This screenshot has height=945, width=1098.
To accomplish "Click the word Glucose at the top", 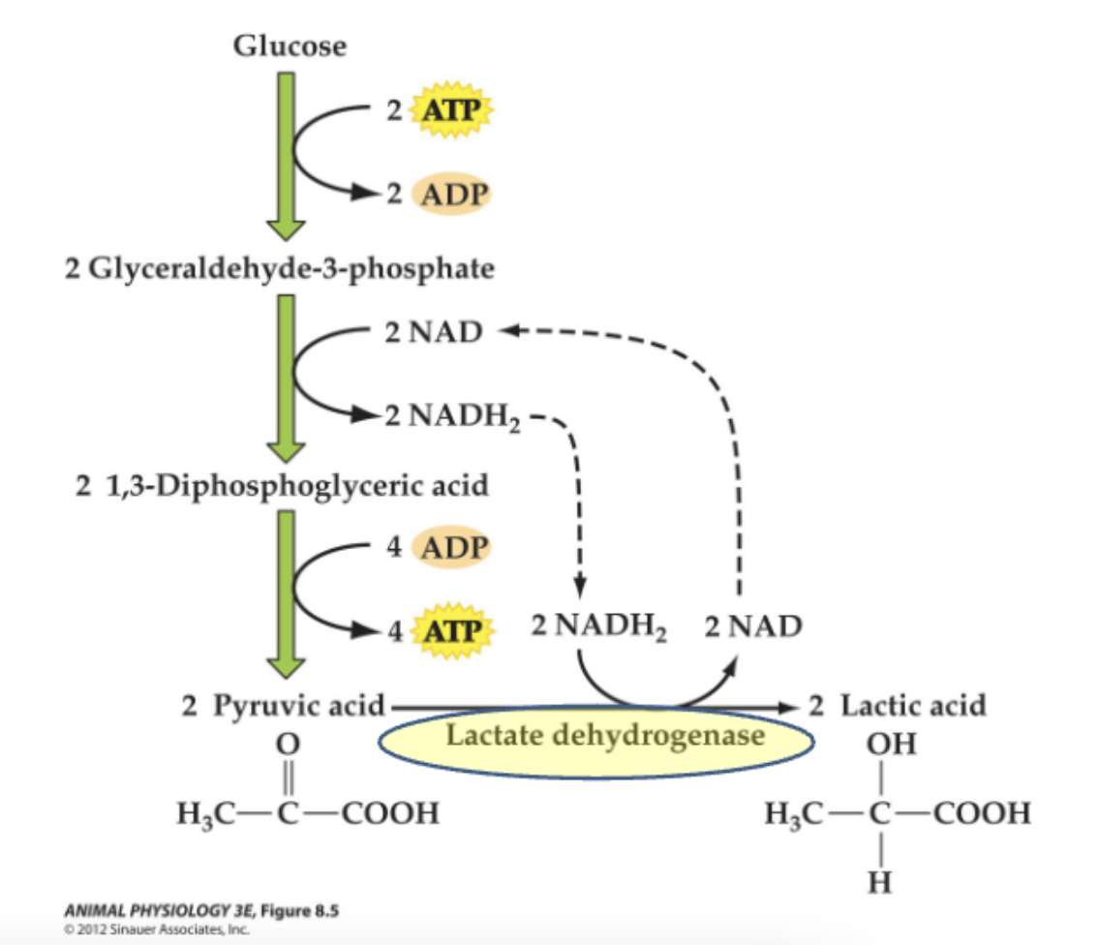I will click(289, 45).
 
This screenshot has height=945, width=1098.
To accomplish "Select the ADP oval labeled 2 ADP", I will click(452, 195).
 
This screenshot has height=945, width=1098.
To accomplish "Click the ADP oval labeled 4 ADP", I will click(452, 547).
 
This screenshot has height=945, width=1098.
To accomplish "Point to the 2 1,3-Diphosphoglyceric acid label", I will click(282, 484).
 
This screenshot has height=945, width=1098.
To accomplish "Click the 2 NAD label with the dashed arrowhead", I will click(433, 333).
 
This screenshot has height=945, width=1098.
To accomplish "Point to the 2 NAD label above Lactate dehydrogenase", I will click(753, 627).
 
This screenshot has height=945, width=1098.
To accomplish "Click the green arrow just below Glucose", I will click(286, 155).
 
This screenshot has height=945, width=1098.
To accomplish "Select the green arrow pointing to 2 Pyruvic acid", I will click(286, 594).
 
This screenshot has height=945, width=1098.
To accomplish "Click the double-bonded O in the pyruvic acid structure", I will click(286, 747).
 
